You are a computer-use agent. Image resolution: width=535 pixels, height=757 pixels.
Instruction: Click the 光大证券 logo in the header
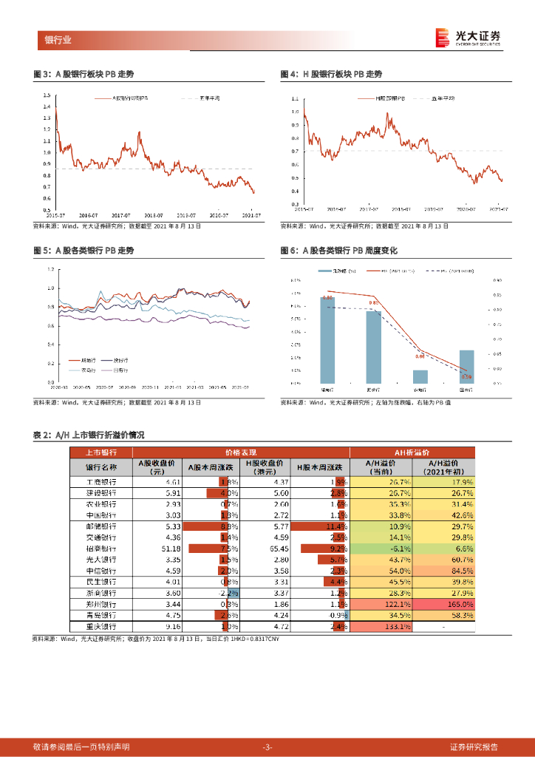[468, 38]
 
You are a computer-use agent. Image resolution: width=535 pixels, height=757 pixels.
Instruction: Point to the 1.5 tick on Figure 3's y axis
[47, 95]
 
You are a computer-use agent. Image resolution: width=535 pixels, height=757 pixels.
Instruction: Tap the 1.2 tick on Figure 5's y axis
[51, 269]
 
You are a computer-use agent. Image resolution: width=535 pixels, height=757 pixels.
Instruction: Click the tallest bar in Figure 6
[327, 340]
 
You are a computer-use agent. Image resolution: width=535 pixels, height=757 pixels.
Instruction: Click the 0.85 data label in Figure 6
[373, 303]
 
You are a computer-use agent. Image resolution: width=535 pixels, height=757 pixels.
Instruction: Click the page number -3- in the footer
[267, 747]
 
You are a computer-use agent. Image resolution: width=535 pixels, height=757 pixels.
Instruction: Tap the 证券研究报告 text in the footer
[474, 747]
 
